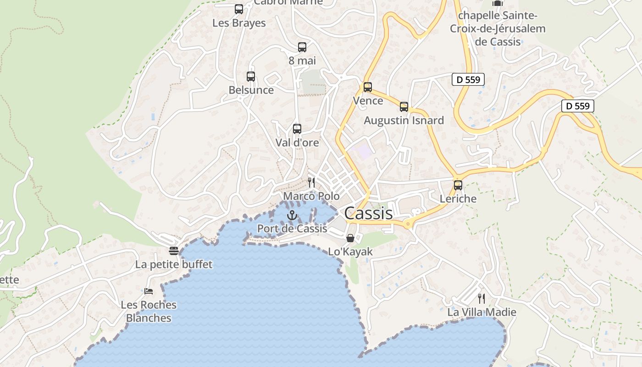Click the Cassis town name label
point(368,213)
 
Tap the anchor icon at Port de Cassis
point(292,215)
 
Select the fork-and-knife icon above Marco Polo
point(311,182)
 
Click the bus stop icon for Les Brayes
point(239,9)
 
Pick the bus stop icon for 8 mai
point(302,47)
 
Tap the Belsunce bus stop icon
point(251,77)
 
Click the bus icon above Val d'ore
point(297,129)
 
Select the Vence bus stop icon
point(368,87)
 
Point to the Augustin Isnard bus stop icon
point(404,107)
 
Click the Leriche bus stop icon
point(458,185)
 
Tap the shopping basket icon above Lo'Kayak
point(350,238)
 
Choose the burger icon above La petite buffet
point(174,251)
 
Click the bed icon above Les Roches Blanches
point(149,291)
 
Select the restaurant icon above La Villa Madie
point(481,299)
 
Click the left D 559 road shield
point(468,79)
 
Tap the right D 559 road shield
point(578,106)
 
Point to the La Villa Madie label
point(482,312)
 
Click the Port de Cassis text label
point(292,228)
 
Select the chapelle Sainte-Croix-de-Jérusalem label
point(498,28)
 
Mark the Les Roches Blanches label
point(149,311)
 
